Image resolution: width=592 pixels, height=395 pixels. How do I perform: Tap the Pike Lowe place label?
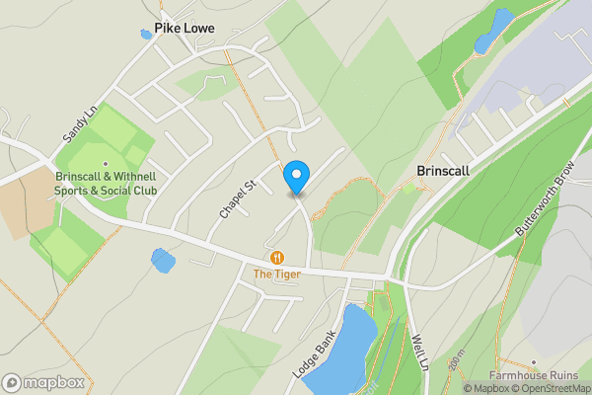184,30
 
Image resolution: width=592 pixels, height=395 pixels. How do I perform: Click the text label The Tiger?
277,274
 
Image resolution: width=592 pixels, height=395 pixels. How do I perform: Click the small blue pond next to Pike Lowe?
146,35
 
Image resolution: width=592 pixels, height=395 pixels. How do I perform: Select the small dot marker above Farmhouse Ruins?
534,364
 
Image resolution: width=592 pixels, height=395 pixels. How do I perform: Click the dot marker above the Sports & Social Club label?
106,164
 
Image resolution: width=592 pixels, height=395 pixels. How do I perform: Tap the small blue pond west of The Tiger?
162,261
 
